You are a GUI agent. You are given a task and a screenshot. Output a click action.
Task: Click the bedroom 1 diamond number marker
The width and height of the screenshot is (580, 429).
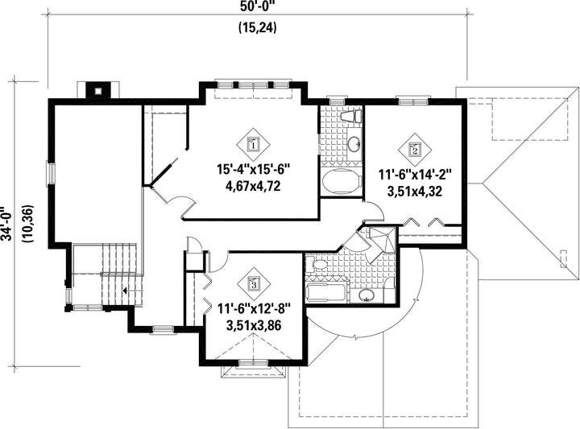(254, 144)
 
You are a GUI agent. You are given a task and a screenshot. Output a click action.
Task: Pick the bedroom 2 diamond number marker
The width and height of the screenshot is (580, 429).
(415, 149)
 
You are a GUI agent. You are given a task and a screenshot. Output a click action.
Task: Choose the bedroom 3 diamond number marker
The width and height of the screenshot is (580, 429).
(254, 284)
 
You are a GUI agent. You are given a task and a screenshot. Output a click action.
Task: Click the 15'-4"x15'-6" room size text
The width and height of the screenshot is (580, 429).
(253, 170)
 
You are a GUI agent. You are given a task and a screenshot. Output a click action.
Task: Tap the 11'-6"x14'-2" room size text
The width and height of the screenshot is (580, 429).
(415, 175)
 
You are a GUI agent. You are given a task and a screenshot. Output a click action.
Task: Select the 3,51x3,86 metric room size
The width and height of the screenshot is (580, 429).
(254, 325)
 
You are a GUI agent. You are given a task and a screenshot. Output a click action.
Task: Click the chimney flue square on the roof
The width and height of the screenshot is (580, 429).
(97, 90)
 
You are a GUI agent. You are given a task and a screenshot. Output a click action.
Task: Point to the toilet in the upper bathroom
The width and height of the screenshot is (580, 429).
(350, 117)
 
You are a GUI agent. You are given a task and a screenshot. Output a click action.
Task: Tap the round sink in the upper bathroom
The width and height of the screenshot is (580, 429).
(354, 143)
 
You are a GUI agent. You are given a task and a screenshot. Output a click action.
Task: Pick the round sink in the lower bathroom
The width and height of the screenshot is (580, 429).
(367, 295)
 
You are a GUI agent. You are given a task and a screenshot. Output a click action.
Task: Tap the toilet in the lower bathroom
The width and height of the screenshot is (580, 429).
(317, 265)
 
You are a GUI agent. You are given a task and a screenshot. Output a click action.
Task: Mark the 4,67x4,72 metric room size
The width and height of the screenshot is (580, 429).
(253, 186)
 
